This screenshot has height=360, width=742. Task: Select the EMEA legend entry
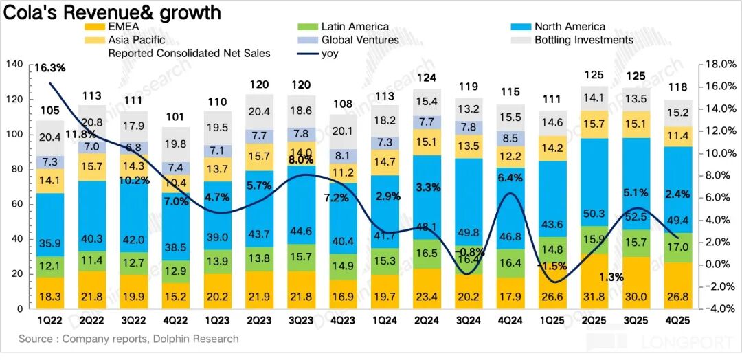124,27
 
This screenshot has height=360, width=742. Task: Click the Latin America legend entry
355,27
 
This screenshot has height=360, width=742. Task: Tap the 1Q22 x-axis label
52,321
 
